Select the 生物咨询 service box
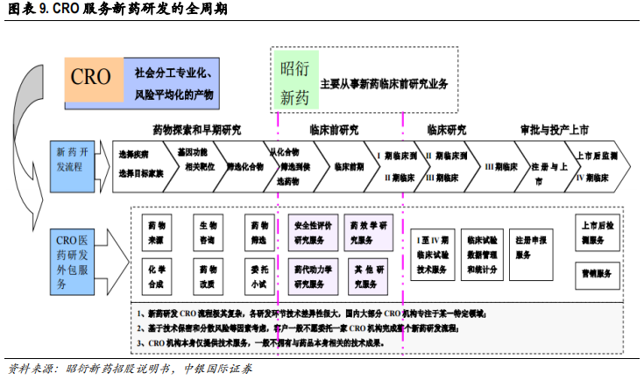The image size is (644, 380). tap(208, 230)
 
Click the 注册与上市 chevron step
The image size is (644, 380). tap(548, 166)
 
